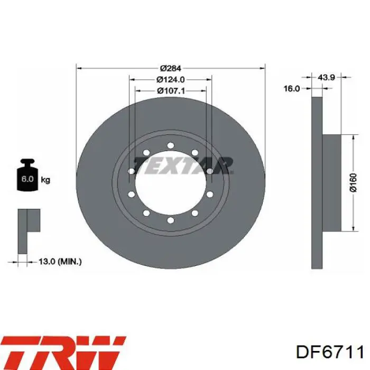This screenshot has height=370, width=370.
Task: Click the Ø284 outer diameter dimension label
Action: [170, 68]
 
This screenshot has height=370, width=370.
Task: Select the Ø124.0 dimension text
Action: [170, 79]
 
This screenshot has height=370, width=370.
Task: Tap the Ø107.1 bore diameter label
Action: [171, 91]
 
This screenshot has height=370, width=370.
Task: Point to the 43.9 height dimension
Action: [326, 77]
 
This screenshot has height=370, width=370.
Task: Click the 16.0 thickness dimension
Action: [291, 88]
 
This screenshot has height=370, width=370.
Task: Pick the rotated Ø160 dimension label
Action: [353, 183]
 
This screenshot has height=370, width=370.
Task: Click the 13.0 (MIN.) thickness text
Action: [60, 262]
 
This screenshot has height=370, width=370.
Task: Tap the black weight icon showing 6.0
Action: [27, 175]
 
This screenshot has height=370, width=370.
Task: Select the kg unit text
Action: [45, 180]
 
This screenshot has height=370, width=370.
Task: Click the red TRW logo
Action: [63, 351]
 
